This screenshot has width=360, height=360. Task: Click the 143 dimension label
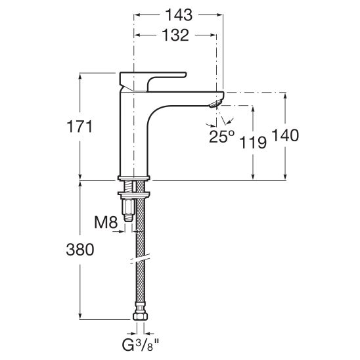179,15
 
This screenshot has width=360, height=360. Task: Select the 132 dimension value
175,35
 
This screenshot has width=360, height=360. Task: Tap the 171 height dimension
79,127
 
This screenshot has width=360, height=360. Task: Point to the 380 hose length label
80,250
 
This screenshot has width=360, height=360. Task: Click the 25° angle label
222,137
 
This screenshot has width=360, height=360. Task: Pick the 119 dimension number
253,142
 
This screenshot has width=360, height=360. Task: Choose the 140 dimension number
285,135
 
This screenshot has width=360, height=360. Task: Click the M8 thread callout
106,222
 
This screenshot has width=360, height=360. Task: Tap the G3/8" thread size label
141,345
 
